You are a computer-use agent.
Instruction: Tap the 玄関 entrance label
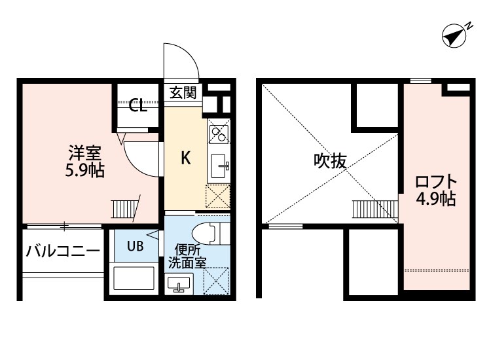coord(183,92)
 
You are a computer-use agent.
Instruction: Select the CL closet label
coord(137,104)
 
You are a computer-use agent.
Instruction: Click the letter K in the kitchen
coord(185,158)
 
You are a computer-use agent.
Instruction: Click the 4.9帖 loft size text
coord(436,200)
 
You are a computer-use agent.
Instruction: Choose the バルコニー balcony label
coord(63,251)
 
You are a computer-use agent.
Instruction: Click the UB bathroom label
coord(135,246)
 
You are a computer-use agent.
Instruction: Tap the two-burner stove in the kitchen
coord(217,133)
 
